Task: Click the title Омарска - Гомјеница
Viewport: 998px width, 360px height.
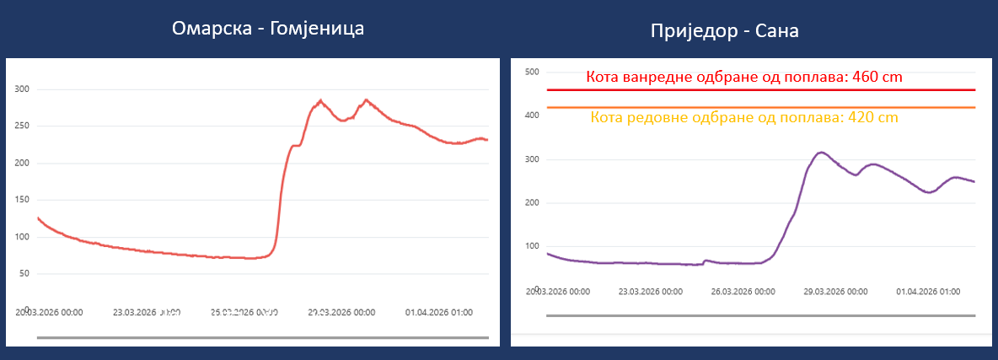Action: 268,29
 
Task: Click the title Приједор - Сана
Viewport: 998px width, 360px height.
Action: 724,31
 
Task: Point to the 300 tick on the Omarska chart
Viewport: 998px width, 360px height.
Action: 22,89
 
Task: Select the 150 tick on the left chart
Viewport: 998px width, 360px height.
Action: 22,200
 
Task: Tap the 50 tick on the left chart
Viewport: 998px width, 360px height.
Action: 24,273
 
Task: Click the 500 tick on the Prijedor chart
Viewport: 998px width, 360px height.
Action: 531,73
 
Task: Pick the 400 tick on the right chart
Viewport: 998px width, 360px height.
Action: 531,116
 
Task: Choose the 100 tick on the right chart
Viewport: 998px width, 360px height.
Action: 531,246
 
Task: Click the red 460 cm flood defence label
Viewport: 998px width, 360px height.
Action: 744,78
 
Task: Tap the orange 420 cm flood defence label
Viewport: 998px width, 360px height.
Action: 744,118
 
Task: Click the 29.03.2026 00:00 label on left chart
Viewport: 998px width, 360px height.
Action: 341,312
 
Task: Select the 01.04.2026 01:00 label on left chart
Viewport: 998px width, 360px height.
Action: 440,312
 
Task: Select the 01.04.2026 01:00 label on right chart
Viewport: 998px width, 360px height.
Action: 927,292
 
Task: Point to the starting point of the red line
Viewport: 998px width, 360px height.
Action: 38,218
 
